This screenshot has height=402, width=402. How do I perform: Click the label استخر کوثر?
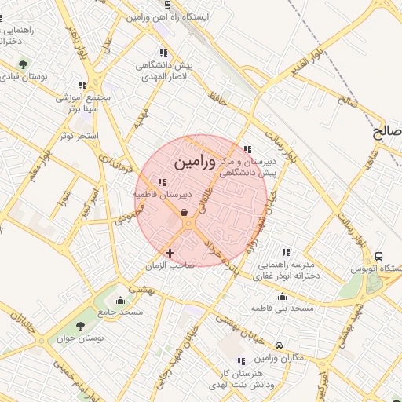76,136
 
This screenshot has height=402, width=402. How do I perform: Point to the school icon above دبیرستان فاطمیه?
162,183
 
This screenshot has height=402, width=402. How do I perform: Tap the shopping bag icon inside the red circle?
184,212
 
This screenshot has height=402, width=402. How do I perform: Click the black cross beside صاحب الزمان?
170,252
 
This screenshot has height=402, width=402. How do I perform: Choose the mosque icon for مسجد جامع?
120,300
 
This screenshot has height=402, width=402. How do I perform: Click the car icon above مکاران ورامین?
280,345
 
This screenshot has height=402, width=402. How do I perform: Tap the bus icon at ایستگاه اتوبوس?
379,256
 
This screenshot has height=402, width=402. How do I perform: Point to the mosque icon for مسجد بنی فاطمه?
282,296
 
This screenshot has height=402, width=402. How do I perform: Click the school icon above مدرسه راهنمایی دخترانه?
286,252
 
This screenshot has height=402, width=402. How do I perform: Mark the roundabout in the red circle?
189,225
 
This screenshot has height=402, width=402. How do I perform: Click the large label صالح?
388,133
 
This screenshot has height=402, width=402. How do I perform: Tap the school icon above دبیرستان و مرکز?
247,149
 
